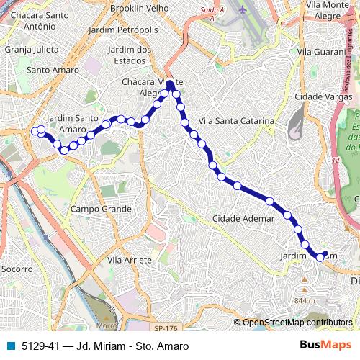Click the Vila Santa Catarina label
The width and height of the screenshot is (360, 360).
[235, 122]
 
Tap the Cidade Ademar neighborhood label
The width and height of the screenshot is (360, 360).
[243, 218]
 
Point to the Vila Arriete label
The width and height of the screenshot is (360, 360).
[129, 259]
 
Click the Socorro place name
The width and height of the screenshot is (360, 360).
[17, 269]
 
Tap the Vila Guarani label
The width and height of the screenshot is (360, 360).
[321, 53]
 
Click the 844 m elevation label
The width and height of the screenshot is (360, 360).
[305, 300]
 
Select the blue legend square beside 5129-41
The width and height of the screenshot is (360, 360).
[10, 346]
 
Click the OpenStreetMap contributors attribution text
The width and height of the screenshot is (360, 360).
[297, 323]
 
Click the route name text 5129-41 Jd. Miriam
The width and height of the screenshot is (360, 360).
[104, 346]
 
